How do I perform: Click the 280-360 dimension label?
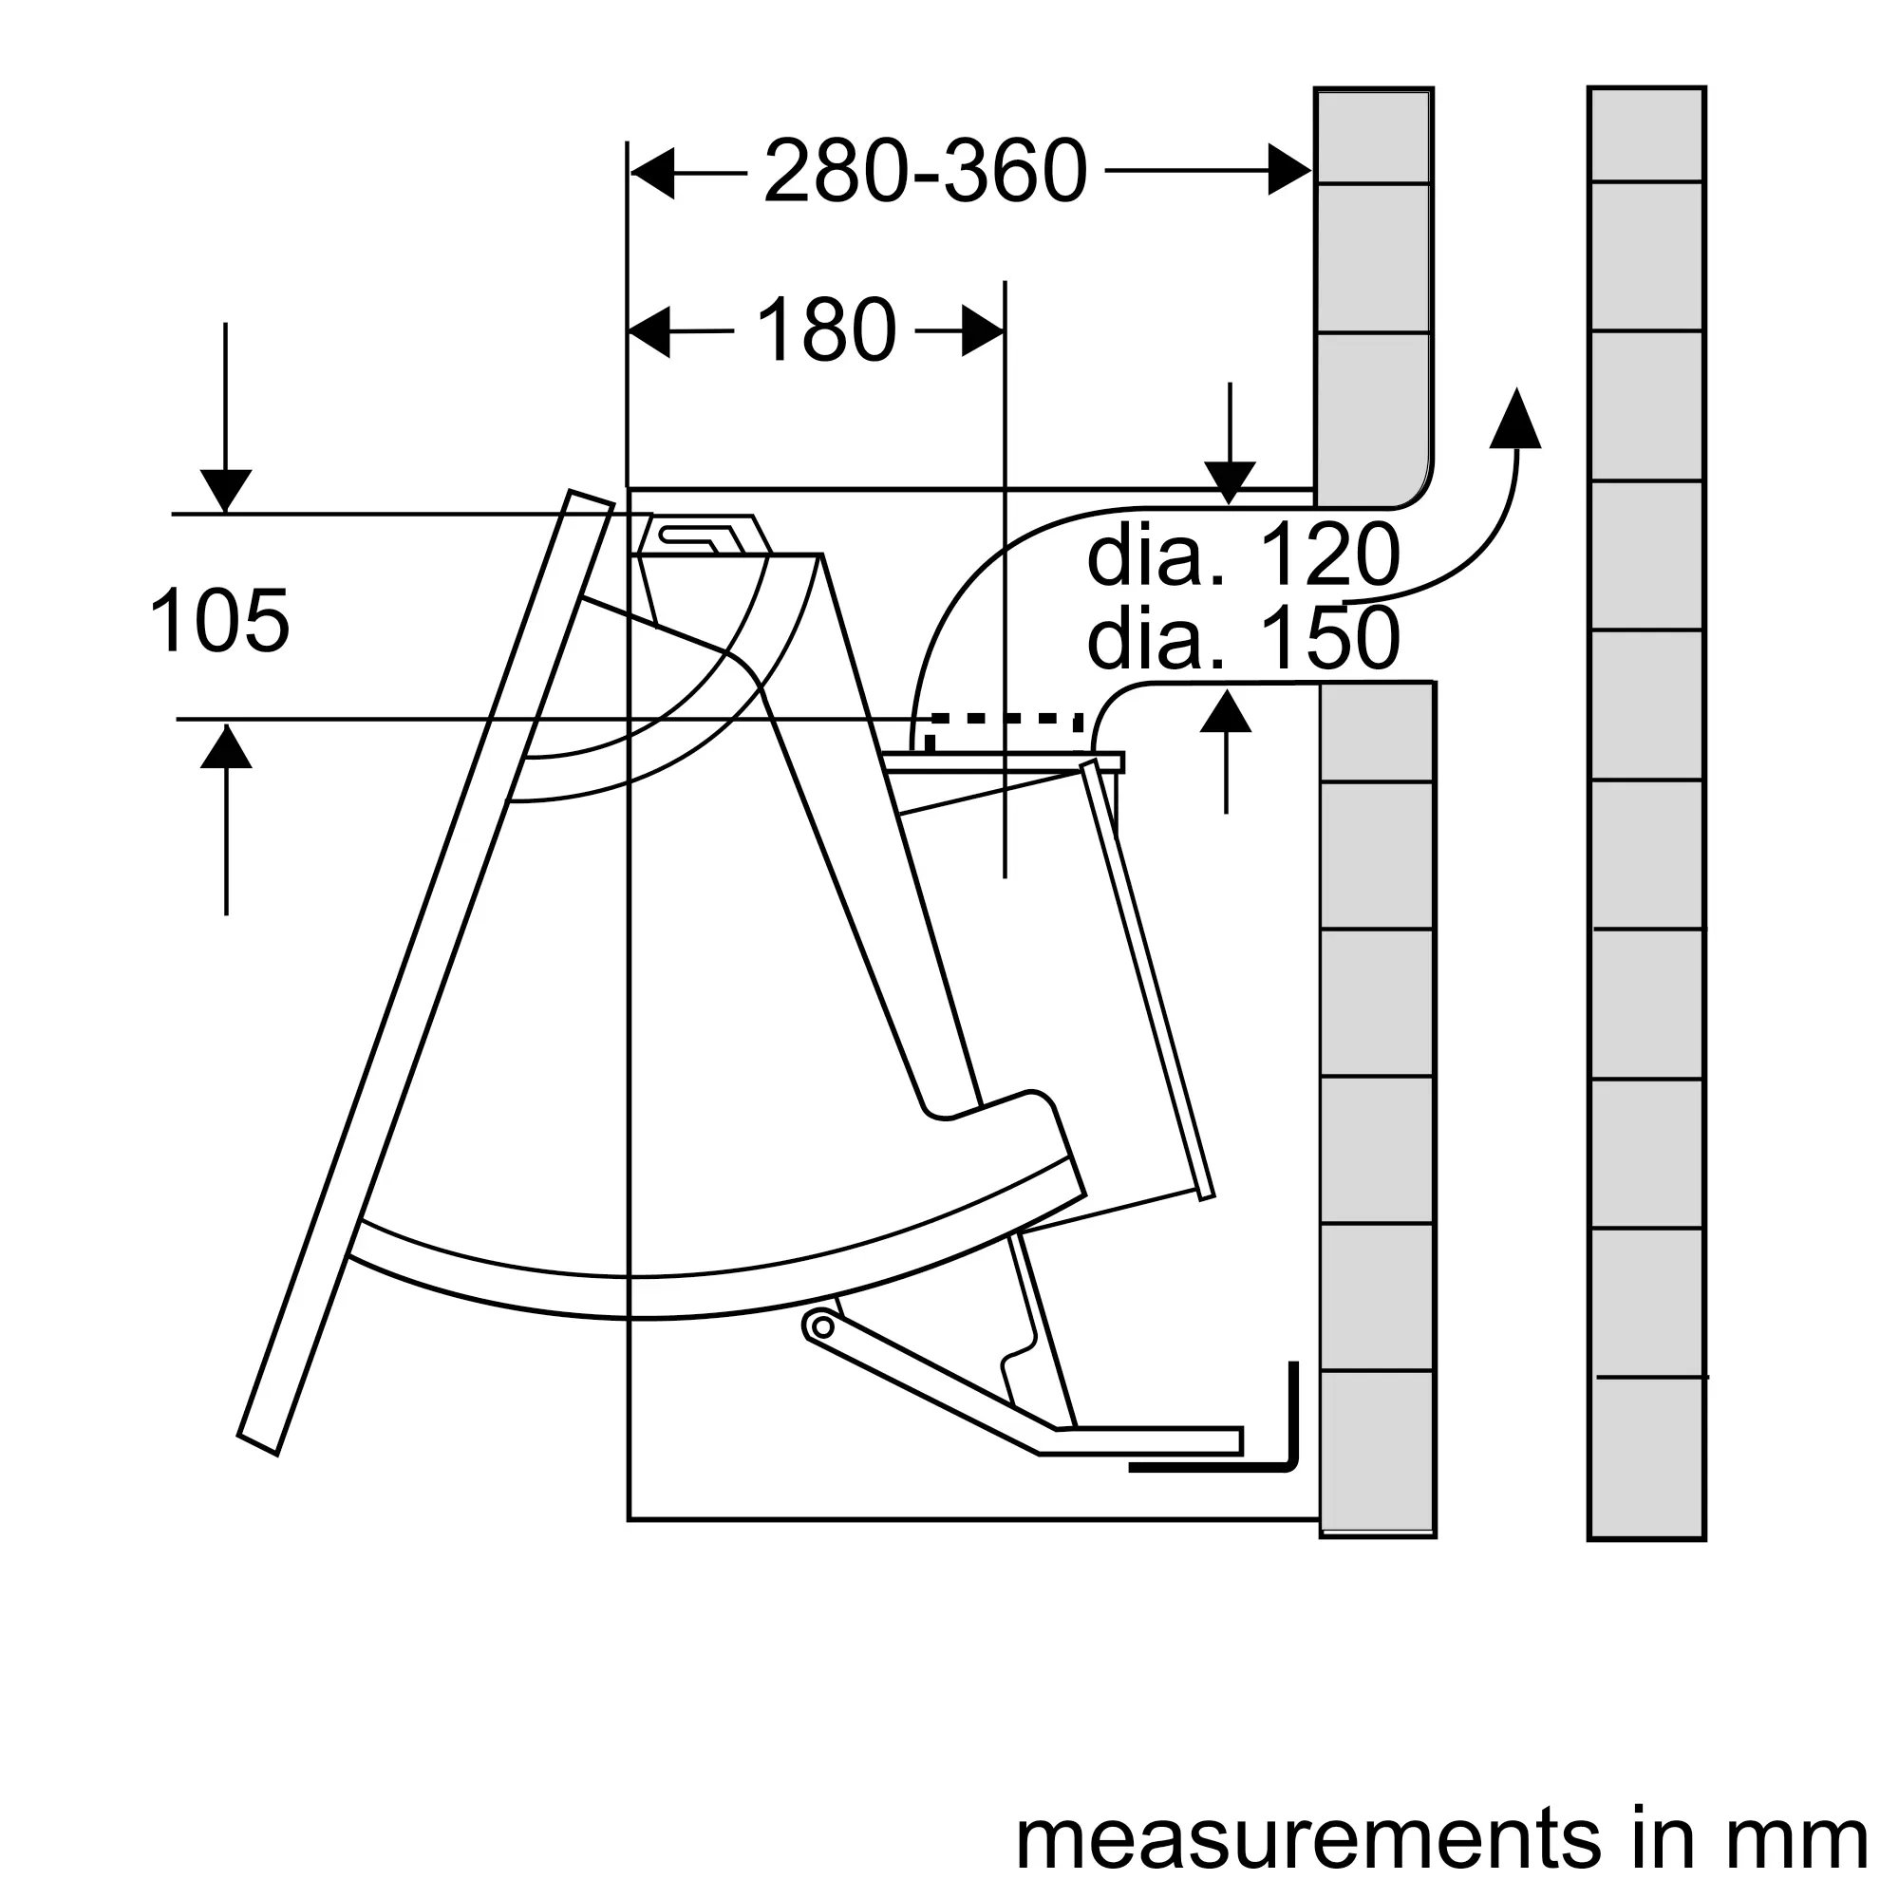(925, 171)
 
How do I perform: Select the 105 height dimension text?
(219, 619)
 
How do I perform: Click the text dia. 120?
(1244, 556)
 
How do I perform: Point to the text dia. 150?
(1244, 639)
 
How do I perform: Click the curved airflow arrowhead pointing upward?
(1515, 419)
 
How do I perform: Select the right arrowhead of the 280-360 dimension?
(1289, 170)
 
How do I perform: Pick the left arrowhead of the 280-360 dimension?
(652, 173)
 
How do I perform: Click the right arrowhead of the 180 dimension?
(983, 331)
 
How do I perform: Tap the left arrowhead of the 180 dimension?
(649, 332)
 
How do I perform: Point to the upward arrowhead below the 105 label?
(226, 745)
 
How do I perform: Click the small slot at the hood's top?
(698, 536)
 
